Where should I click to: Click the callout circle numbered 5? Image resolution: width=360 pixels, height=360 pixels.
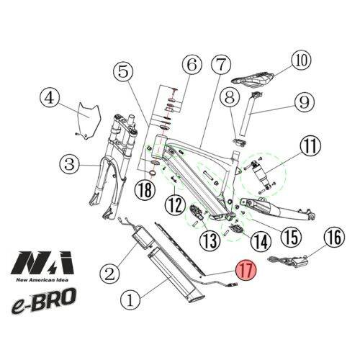[124, 71]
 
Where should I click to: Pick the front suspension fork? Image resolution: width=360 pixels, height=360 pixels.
[108, 166]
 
